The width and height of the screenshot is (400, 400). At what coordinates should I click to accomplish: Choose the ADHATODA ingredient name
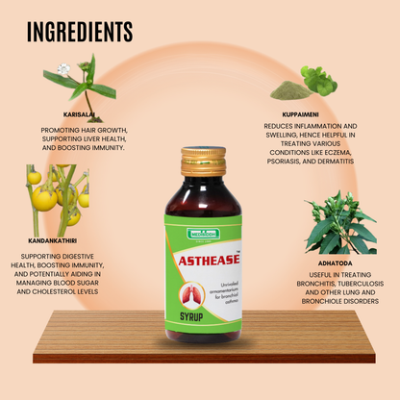pyautogui.click(x=337, y=260)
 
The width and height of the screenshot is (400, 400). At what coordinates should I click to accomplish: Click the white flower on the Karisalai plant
pyautogui.click(x=64, y=69)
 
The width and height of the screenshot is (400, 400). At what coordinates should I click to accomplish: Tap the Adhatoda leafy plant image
pyautogui.click(x=337, y=224)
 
